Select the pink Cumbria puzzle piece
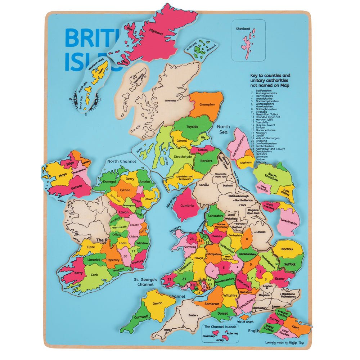pos(186,206)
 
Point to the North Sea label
pos(223,129)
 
